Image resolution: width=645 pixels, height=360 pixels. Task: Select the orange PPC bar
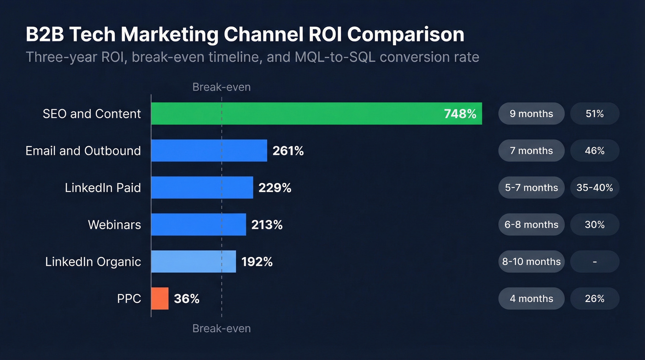point(160,298)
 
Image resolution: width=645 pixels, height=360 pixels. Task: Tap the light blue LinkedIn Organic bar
point(193,261)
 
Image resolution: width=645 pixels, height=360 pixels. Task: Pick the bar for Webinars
point(199,224)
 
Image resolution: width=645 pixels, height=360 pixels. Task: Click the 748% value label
point(460,114)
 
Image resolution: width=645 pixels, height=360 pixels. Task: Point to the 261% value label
point(288,151)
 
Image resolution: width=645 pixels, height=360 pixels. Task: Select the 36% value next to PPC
point(187,299)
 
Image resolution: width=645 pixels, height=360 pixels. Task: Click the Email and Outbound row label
point(83,151)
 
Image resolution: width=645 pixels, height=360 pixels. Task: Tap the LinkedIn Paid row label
point(103,188)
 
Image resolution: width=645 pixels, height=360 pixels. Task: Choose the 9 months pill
point(531,113)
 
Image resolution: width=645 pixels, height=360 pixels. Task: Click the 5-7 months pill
point(531,188)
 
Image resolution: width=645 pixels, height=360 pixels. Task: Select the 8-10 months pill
point(531,261)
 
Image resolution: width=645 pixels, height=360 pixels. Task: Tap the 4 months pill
point(531,298)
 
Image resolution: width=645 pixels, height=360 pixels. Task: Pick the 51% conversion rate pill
point(594,113)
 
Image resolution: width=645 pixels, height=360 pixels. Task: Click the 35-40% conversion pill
point(594,188)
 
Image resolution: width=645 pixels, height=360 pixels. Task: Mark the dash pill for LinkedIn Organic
point(594,261)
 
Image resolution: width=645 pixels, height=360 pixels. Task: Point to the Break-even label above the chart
point(222,87)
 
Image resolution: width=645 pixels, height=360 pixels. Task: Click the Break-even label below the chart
point(222,329)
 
